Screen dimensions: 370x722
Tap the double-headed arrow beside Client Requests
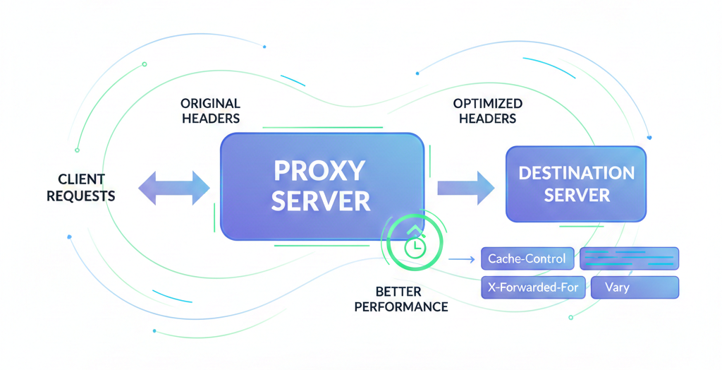pos(174,186)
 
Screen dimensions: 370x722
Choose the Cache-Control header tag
pos(527,258)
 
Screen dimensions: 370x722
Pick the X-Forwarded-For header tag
pos(532,287)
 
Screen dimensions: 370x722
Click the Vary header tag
pos(632,287)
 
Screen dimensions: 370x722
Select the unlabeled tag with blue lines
pos(629,258)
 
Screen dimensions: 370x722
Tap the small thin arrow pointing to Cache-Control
pos(461,260)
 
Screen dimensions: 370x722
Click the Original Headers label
pos(210,111)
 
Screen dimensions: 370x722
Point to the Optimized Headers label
pos(487,111)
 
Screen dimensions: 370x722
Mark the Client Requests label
pos(81,186)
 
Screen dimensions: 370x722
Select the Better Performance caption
pos(401,299)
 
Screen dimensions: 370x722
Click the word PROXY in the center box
pos(319,171)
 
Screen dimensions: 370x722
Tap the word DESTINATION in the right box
pos(576,173)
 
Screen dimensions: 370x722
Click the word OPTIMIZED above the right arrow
pos(487,104)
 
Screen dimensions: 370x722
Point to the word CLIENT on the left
pos(81,179)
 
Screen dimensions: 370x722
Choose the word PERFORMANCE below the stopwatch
pos(401,306)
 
